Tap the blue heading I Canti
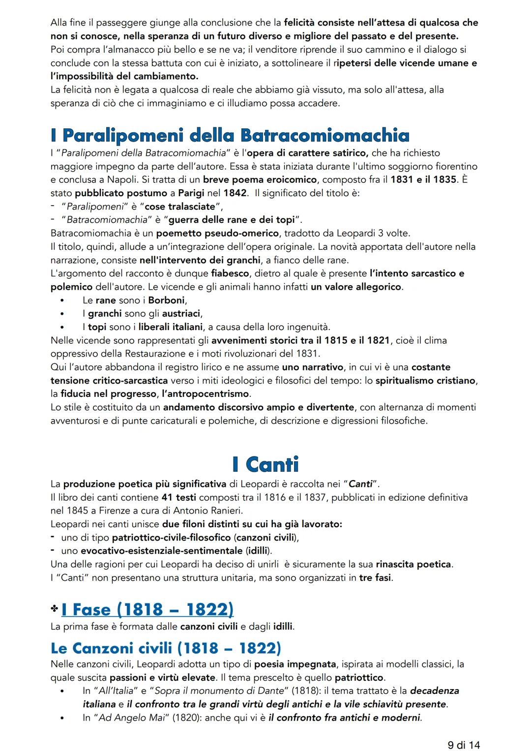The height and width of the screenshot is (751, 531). tap(265, 464)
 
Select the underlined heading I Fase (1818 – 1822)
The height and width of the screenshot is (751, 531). tap(147, 609)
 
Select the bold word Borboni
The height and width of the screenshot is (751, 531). tap(166, 300)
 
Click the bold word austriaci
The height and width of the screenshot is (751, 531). tap(181, 313)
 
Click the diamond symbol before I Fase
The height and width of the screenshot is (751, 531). tap(54, 610)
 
